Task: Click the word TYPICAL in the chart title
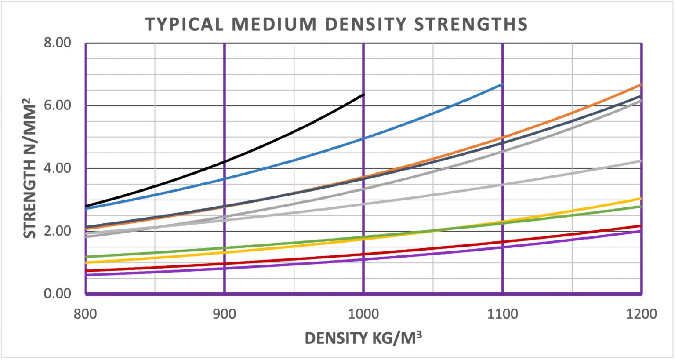(184, 24)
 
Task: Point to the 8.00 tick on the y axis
(57, 43)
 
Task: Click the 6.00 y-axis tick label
(57, 105)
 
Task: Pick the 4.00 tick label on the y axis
(57, 168)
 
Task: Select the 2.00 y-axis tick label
(57, 231)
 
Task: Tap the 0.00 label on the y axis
(57, 294)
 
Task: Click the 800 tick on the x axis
(86, 314)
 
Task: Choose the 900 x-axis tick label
(225, 314)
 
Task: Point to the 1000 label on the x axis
(363, 314)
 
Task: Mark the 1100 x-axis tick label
(502, 314)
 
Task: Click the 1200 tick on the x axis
(641, 314)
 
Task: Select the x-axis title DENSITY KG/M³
(363, 338)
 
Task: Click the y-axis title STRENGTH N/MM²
(30, 168)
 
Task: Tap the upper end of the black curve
(363, 95)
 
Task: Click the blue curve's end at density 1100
(502, 84)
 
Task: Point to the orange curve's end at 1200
(641, 84)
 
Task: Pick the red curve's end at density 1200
(641, 226)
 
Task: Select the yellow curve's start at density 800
(86, 262)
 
